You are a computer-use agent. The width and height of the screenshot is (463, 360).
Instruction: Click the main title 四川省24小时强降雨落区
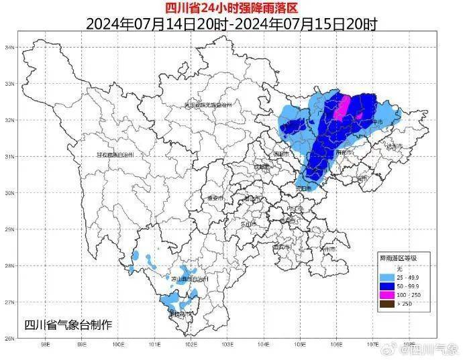point(231,7)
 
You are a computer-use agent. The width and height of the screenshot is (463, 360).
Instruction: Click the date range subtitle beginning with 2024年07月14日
point(231,24)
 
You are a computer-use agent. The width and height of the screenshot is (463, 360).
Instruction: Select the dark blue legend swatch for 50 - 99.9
point(388,284)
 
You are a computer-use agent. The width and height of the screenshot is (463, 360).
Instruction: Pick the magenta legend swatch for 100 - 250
point(388,294)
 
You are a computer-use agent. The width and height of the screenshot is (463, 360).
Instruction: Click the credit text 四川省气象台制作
point(68,325)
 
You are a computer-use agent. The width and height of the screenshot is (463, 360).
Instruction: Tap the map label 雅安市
point(215,198)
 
